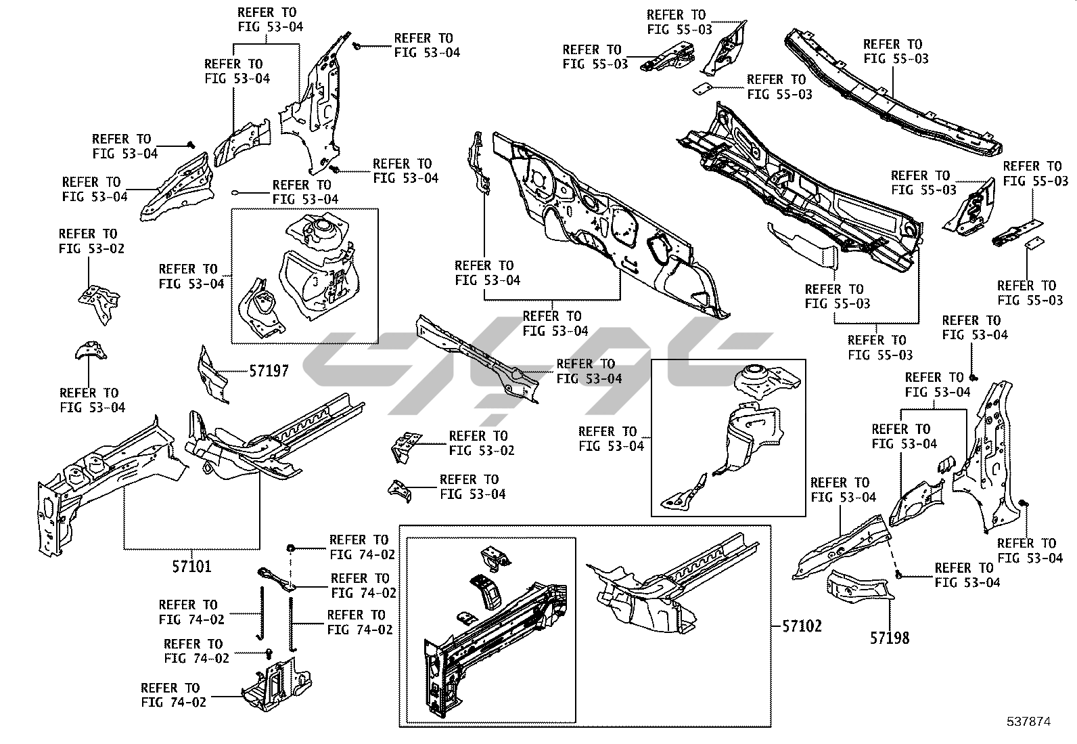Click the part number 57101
click(x=191, y=566)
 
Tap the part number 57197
click(x=269, y=371)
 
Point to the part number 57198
click(x=890, y=637)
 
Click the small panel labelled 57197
click(x=212, y=374)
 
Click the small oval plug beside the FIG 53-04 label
click(x=237, y=192)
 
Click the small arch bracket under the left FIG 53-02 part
click(x=90, y=351)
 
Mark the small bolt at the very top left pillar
click(x=357, y=45)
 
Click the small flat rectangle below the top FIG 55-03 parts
click(x=702, y=88)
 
